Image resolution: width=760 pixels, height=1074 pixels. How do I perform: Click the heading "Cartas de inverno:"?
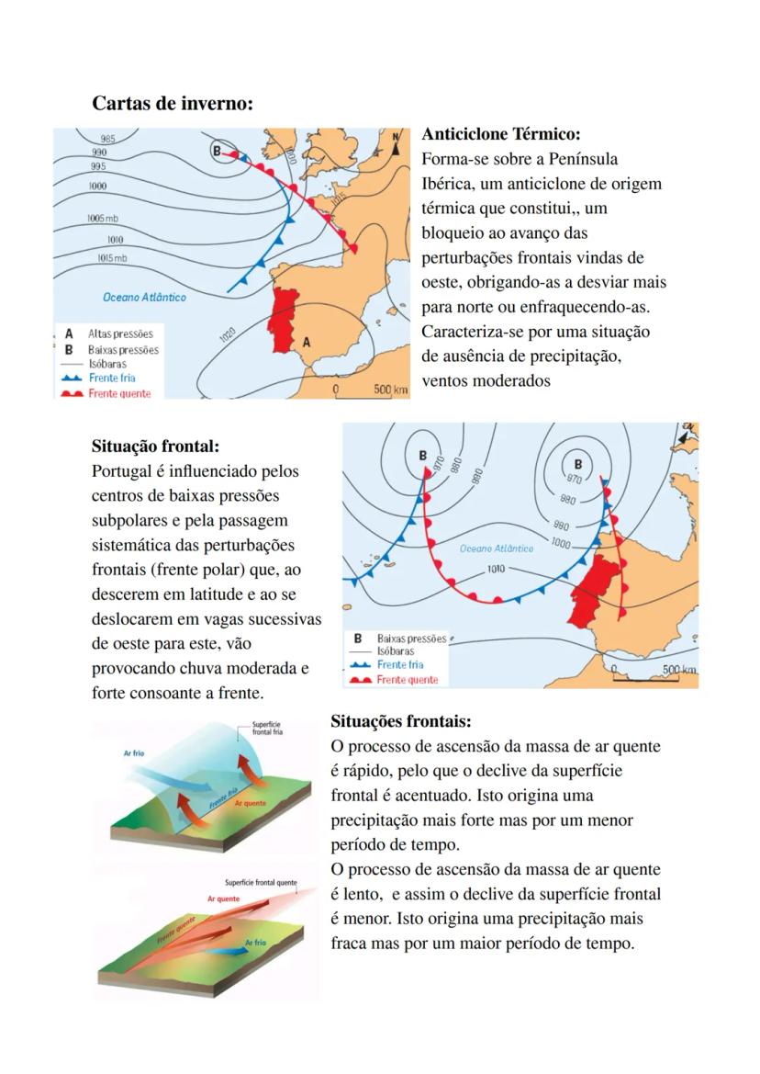(x=172, y=104)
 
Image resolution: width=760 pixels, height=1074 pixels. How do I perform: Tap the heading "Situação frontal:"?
(x=155, y=447)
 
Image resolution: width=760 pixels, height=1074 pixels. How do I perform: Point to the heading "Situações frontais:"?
(x=400, y=722)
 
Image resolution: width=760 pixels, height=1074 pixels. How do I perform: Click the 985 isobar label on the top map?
(x=107, y=139)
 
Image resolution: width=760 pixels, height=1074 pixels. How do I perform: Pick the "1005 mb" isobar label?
(x=103, y=219)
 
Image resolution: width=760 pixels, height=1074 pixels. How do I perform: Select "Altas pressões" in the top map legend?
(x=120, y=334)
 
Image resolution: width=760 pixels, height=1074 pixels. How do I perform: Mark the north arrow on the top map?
(x=397, y=146)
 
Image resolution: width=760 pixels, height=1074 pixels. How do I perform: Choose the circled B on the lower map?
(x=577, y=463)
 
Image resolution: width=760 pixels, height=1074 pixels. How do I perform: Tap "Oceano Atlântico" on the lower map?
(x=496, y=548)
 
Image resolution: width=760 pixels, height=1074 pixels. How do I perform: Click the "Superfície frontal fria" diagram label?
(x=269, y=733)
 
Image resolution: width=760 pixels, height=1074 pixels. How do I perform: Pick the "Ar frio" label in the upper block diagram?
(x=135, y=753)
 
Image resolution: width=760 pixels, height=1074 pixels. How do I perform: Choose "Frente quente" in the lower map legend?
(x=407, y=680)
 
